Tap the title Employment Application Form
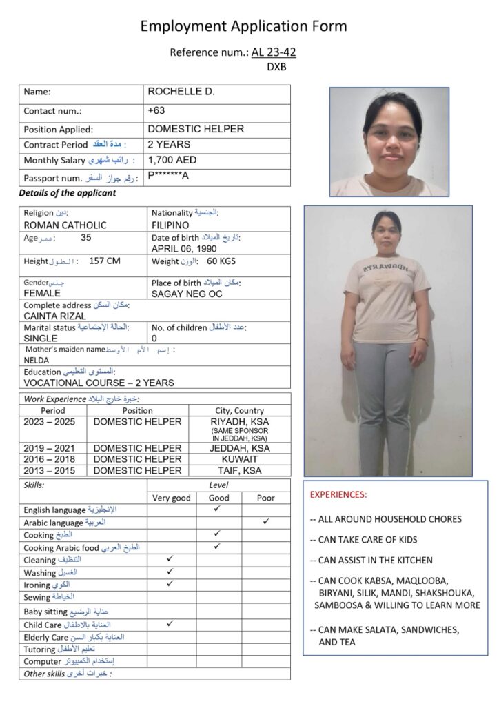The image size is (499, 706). click(x=243, y=27)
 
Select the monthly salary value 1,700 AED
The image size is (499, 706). click(x=172, y=160)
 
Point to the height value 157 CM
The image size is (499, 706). click(x=105, y=261)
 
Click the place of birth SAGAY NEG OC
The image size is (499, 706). click(x=187, y=293)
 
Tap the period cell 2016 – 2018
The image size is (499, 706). click(x=49, y=459)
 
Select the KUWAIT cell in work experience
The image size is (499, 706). click(x=240, y=459)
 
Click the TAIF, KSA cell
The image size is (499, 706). click(x=240, y=470)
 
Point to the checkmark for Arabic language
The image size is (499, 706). click(x=266, y=522)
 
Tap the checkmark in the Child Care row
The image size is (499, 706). click(x=170, y=624)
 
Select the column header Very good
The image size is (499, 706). click(x=171, y=498)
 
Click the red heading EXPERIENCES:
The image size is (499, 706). click(x=338, y=494)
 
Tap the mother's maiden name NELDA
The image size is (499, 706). click(x=37, y=360)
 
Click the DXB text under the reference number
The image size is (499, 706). click(x=276, y=67)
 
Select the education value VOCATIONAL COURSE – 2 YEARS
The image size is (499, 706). click(x=99, y=383)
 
